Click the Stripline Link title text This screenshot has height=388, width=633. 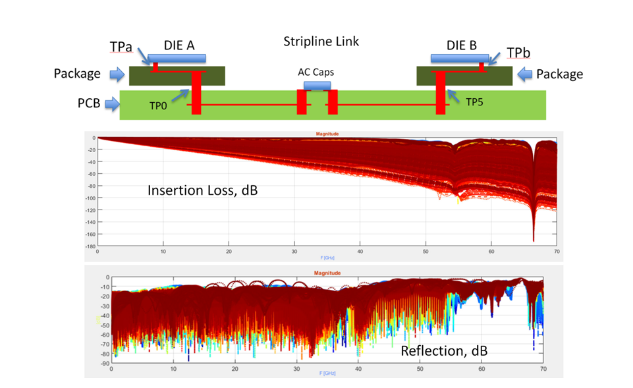click(x=321, y=42)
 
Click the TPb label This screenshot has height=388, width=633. click(x=517, y=51)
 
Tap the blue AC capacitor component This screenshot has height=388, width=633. click(x=317, y=86)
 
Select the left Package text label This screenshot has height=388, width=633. click(x=76, y=74)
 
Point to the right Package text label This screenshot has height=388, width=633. click(x=559, y=74)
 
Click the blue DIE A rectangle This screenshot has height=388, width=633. click(x=177, y=59)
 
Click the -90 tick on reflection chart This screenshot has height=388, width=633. click(x=104, y=364)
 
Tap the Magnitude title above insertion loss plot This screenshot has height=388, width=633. click(x=327, y=134)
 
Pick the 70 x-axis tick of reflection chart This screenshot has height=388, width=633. click(x=543, y=370)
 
